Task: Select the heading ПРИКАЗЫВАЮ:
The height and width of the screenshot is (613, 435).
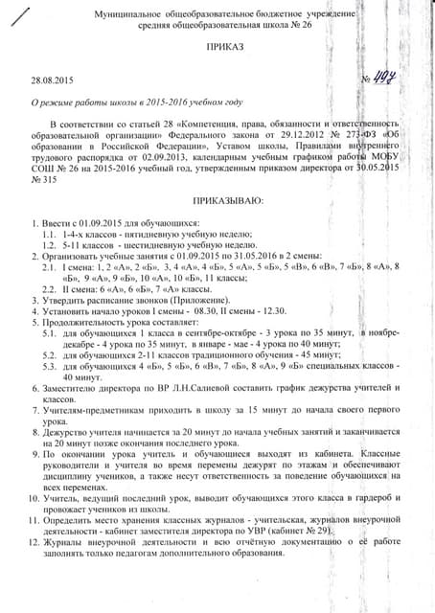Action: tap(227, 202)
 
